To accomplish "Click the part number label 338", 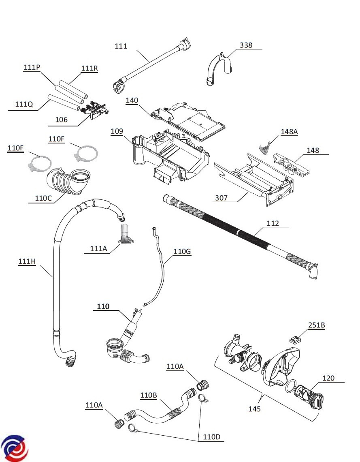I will [x=246, y=45].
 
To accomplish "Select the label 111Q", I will [x=24, y=104].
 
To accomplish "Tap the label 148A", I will [x=289, y=132].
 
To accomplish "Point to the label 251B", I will [x=317, y=325].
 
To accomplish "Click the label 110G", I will [x=182, y=252].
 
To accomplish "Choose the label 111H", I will [x=27, y=262].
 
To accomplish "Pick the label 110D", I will [x=212, y=437].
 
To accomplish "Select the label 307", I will [x=221, y=198].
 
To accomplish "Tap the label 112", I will [x=273, y=223].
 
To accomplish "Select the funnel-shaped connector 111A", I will [x=125, y=236].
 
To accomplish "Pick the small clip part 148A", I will [x=264, y=148].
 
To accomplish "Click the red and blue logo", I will [x=13, y=448].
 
